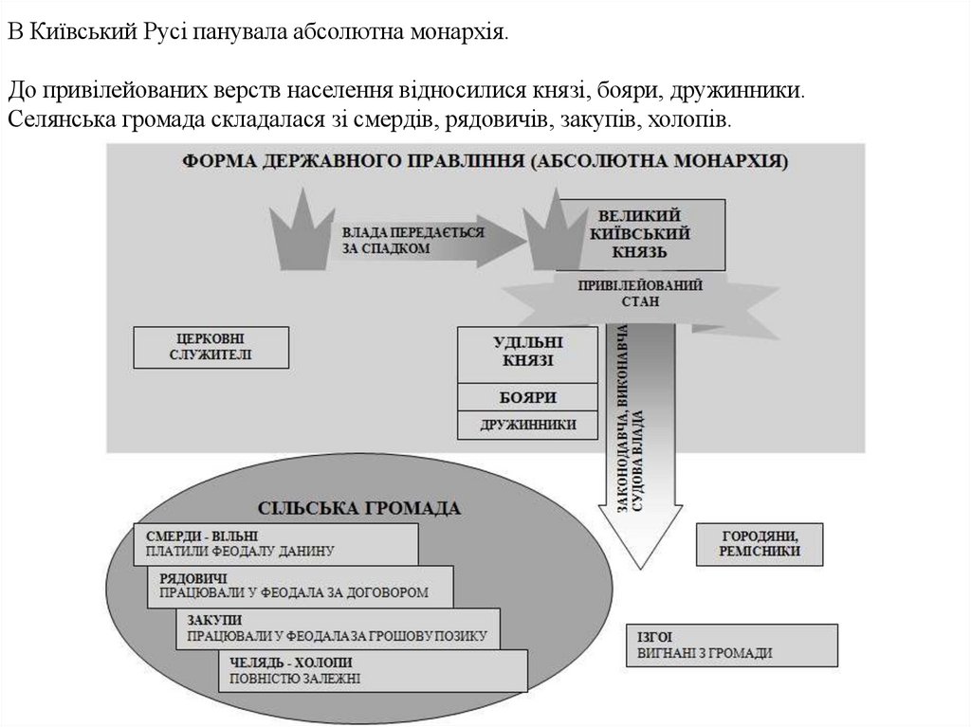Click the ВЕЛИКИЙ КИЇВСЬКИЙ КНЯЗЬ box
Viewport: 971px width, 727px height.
tap(641, 234)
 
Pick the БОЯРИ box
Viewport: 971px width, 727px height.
tap(528, 397)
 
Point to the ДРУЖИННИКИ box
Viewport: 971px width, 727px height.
tap(528, 425)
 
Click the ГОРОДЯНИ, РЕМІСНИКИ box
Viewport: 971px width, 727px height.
tap(760, 543)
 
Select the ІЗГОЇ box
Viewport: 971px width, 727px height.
tap(732, 645)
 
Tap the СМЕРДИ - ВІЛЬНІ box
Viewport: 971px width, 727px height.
tap(276, 542)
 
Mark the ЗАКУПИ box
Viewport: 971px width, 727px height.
tap(338, 627)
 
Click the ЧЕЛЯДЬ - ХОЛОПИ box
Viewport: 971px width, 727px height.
tap(373, 670)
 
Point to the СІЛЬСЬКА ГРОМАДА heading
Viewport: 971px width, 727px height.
tap(359, 508)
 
